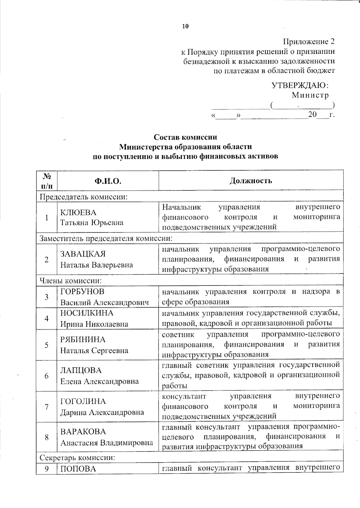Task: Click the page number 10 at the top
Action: pyautogui.click(x=185, y=26)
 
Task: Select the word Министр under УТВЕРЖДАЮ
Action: pyautogui.click(x=310, y=95)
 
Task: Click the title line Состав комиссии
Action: pyautogui.click(x=185, y=137)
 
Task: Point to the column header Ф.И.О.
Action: pyautogui.click(x=108, y=181)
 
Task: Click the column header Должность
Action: pyautogui.click(x=251, y=180)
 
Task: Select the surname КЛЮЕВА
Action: pyautogui.click(x=78, y=212)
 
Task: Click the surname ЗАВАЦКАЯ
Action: pyautogui.click(x=83, y=254)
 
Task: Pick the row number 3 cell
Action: pyautogui.click(x=46, y=297)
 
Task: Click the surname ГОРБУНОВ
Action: pyautogui.click(x=82, y=292)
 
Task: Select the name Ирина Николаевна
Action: pyautogui.click(x=94, y=324)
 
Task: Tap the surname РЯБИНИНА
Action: pyautogui.click(x=83, y=340)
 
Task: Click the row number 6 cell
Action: pyautogui.click(x=46, y=376)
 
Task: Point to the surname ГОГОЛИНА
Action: pyautogui.click(x=83, y=401)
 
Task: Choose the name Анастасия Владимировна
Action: pyautogui.click(x=107, y=443)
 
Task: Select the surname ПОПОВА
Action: pyautogui.click(x=78, y=469)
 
